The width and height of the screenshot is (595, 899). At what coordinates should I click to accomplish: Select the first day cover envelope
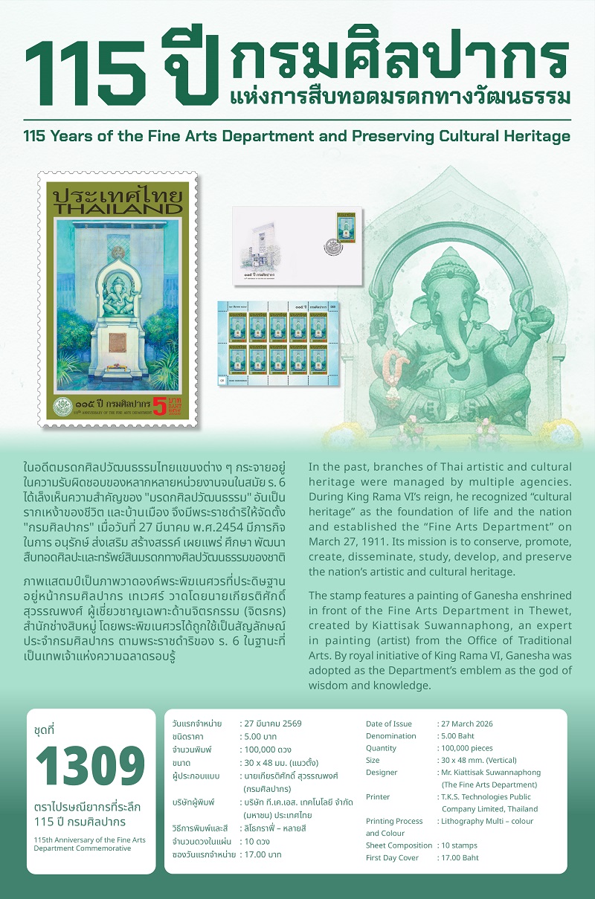(x=297, y=245)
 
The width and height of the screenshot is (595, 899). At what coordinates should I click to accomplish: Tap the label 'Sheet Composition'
(x=399, y=845)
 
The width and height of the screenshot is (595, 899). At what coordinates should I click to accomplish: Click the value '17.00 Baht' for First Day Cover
(x=461, y=857)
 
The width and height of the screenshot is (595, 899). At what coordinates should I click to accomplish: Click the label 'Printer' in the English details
(x=378, y=797)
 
